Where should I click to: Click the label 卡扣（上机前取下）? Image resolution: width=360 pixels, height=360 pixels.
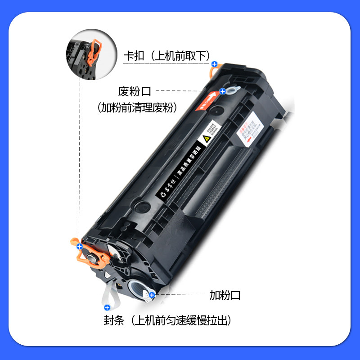click(167, 56)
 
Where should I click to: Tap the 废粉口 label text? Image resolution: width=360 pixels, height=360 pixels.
click(135, 91)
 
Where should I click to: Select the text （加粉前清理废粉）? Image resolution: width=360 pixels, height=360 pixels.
click(137, 108)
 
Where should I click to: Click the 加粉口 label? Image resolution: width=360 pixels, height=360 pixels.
click(225, 295)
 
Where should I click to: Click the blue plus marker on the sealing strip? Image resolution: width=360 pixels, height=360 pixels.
click(107, 308)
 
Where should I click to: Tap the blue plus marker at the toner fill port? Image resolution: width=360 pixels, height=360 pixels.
click(152, 295)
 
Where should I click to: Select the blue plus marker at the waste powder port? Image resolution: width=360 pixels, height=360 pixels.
click(222, 91)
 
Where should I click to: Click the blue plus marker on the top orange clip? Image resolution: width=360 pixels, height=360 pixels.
click(214, 65)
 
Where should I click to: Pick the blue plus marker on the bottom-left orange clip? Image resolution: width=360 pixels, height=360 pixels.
click(80, 246)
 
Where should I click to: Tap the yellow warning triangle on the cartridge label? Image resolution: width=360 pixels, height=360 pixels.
click(207, 139)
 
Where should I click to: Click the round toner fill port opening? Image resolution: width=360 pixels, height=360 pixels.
click(136, 287)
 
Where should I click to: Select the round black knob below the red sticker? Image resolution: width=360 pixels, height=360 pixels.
click(217, 109)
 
